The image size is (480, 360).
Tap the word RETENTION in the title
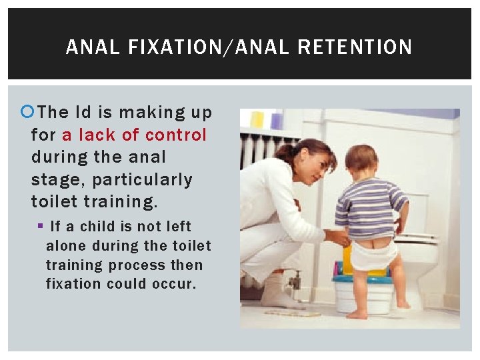click(x=355, y=47)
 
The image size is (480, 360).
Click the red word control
click(x=176, y=135)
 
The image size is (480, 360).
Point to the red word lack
click(x=97, y=135)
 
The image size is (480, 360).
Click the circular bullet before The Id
click(x=27, y=113)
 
